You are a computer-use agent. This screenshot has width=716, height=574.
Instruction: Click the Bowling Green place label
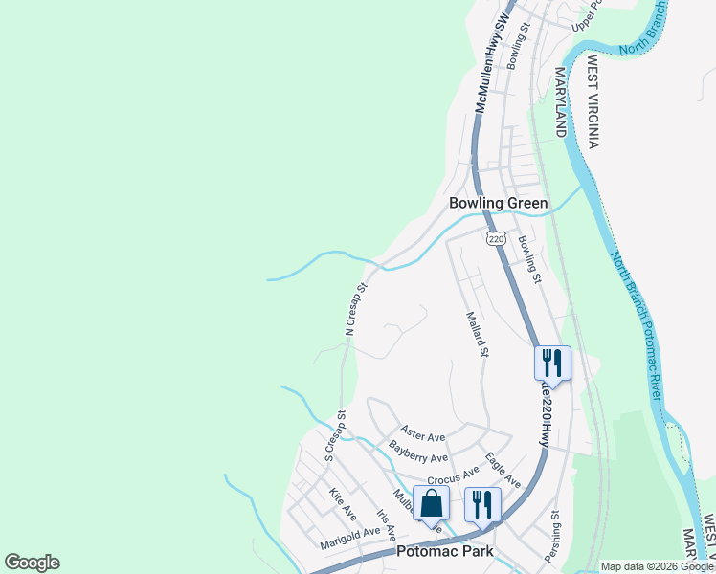499,203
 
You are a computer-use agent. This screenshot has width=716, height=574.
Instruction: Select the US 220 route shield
494,238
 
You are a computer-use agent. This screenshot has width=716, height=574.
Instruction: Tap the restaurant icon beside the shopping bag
482,503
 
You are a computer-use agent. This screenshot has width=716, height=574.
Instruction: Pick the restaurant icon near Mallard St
552,363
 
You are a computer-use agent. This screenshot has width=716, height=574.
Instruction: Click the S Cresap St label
334,436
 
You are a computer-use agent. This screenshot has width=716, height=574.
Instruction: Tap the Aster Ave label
424,434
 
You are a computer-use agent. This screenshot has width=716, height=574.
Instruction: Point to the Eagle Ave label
503,469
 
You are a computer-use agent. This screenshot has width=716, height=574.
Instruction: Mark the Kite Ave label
342,498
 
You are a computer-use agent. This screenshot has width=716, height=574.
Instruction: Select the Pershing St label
552,537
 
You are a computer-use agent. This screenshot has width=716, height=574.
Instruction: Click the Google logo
32,563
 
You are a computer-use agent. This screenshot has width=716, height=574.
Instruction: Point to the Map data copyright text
656,566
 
